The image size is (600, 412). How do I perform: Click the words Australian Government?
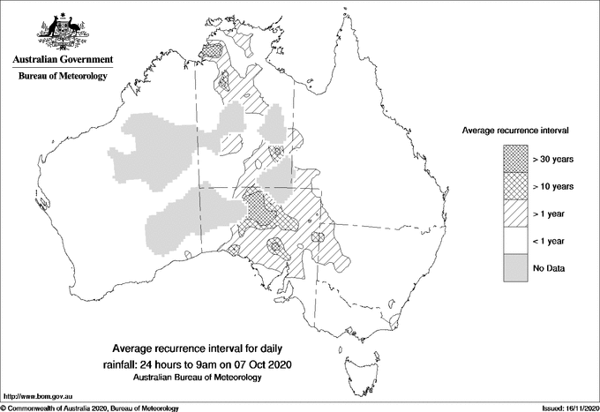pos(63,60)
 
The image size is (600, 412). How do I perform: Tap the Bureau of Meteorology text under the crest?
pos(63,76)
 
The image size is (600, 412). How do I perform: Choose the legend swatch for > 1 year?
pos(516,213)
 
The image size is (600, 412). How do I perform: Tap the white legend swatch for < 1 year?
pos(516,240)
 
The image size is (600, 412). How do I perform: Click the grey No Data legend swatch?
pos(516,267)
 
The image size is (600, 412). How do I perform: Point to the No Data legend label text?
pos(549,267)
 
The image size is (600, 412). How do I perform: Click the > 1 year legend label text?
pos(551,213)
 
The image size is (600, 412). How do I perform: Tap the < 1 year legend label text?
pos(551,240)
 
